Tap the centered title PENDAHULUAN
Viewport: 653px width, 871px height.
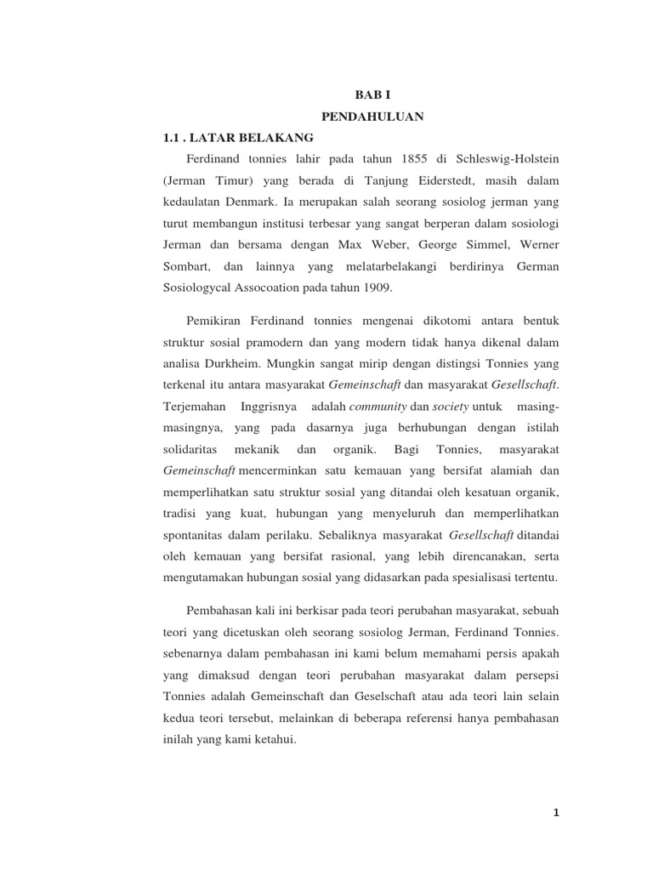point(369,115)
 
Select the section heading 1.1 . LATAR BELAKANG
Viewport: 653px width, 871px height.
point(238,137)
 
